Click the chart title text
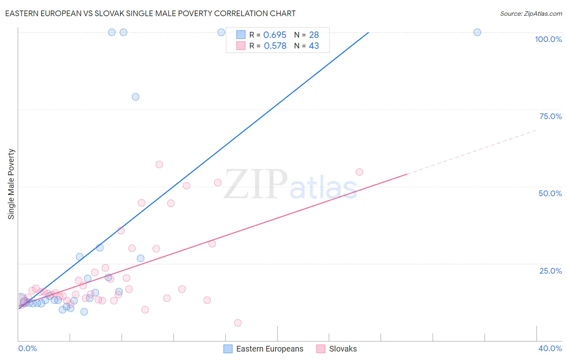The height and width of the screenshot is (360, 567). (150, 13)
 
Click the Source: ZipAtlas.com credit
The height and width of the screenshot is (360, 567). (531, 13)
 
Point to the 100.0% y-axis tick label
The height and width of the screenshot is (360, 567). (548, 39)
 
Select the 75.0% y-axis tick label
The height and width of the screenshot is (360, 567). (550, 116)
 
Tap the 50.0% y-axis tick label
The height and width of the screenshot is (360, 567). (550, 193)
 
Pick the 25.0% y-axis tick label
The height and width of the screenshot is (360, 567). (550, 271)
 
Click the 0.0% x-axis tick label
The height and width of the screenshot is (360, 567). (27, 348)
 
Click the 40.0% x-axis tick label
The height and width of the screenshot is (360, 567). (550, 348)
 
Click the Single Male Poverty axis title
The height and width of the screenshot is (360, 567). (11, 184)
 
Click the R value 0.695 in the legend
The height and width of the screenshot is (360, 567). (275, 35)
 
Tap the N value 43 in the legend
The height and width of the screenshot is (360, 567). (314, 46)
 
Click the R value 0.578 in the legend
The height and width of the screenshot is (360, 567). (275, 46)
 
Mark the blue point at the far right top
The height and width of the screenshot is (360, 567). (477, 32)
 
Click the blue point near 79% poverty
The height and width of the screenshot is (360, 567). (135, 97)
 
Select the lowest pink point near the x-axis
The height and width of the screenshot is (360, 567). (238, 323)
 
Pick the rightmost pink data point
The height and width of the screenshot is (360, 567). (359, 172)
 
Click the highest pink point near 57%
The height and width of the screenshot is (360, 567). (159, 164)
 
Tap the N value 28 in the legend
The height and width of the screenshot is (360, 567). (314, 35)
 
